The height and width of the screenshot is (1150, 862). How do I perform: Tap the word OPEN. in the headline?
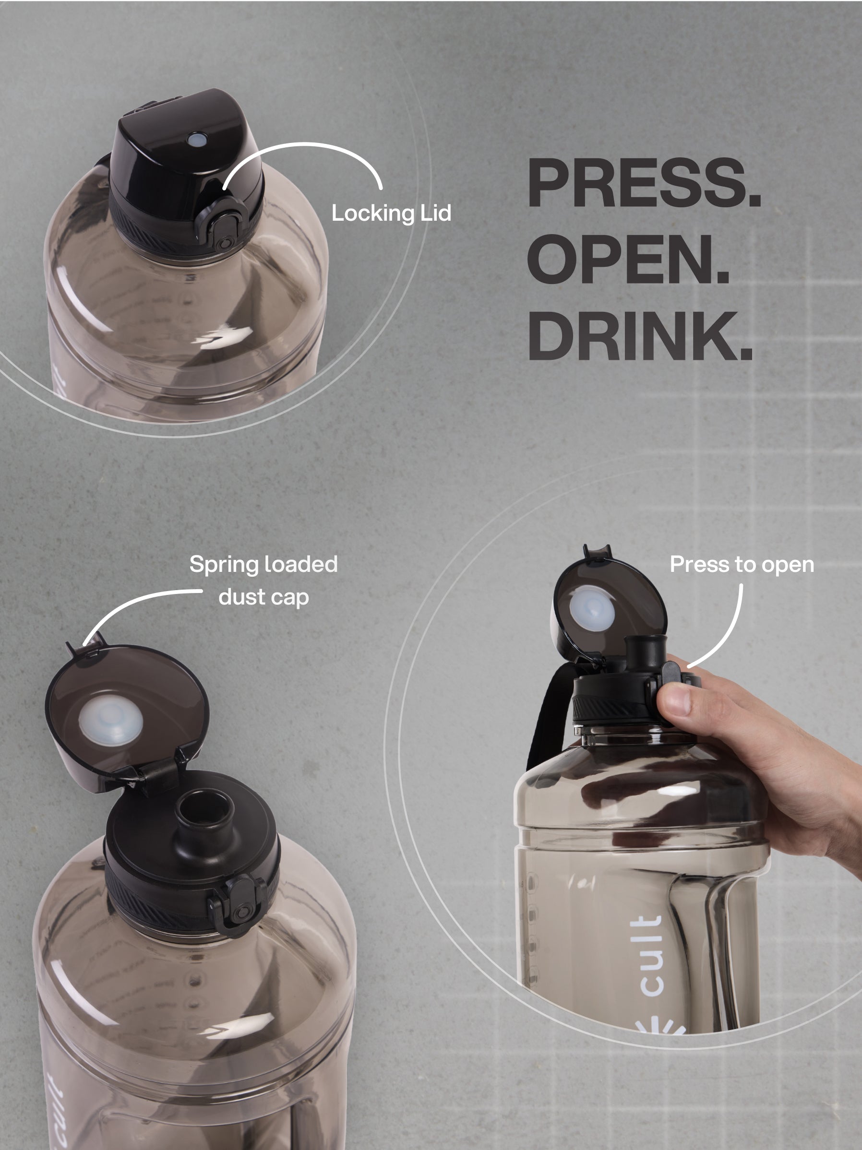(x=628, y=259)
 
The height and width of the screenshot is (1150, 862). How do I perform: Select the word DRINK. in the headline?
(x=640, y=335)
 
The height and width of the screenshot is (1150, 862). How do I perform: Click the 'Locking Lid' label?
(x=391, y=213)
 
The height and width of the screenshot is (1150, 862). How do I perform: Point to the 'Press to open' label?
(x=742, y=565)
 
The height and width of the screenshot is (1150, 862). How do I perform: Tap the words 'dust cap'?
(x=264, y=597)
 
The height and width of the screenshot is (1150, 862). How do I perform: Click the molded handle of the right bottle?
(x=702, y=951)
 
